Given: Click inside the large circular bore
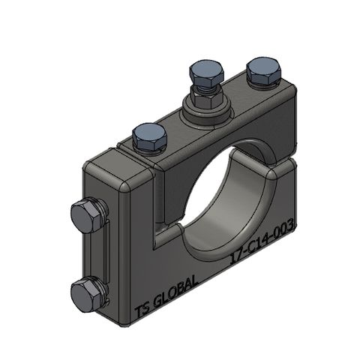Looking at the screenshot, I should [225, 195].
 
